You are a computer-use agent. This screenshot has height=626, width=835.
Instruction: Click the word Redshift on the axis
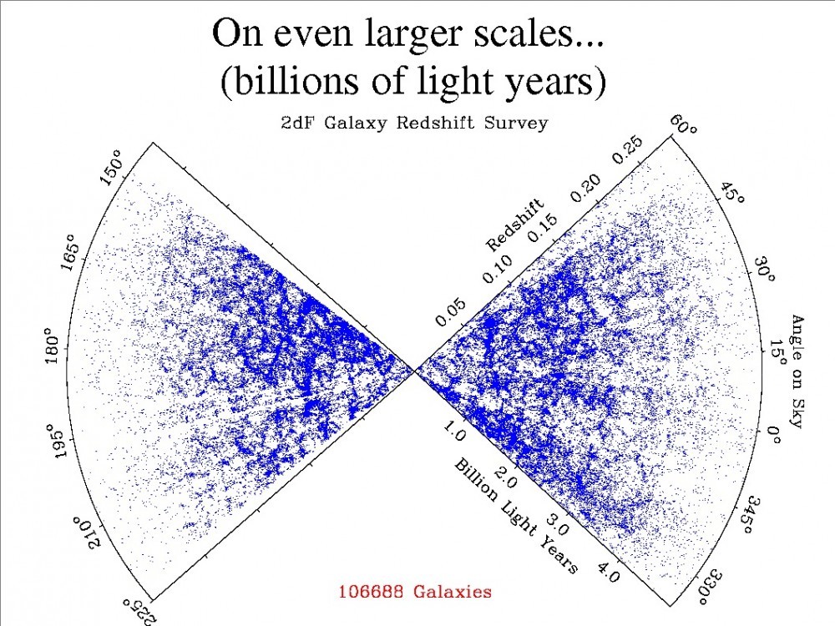point(516,225)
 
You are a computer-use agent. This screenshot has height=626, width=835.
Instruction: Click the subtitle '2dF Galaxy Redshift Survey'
point(414,123)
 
